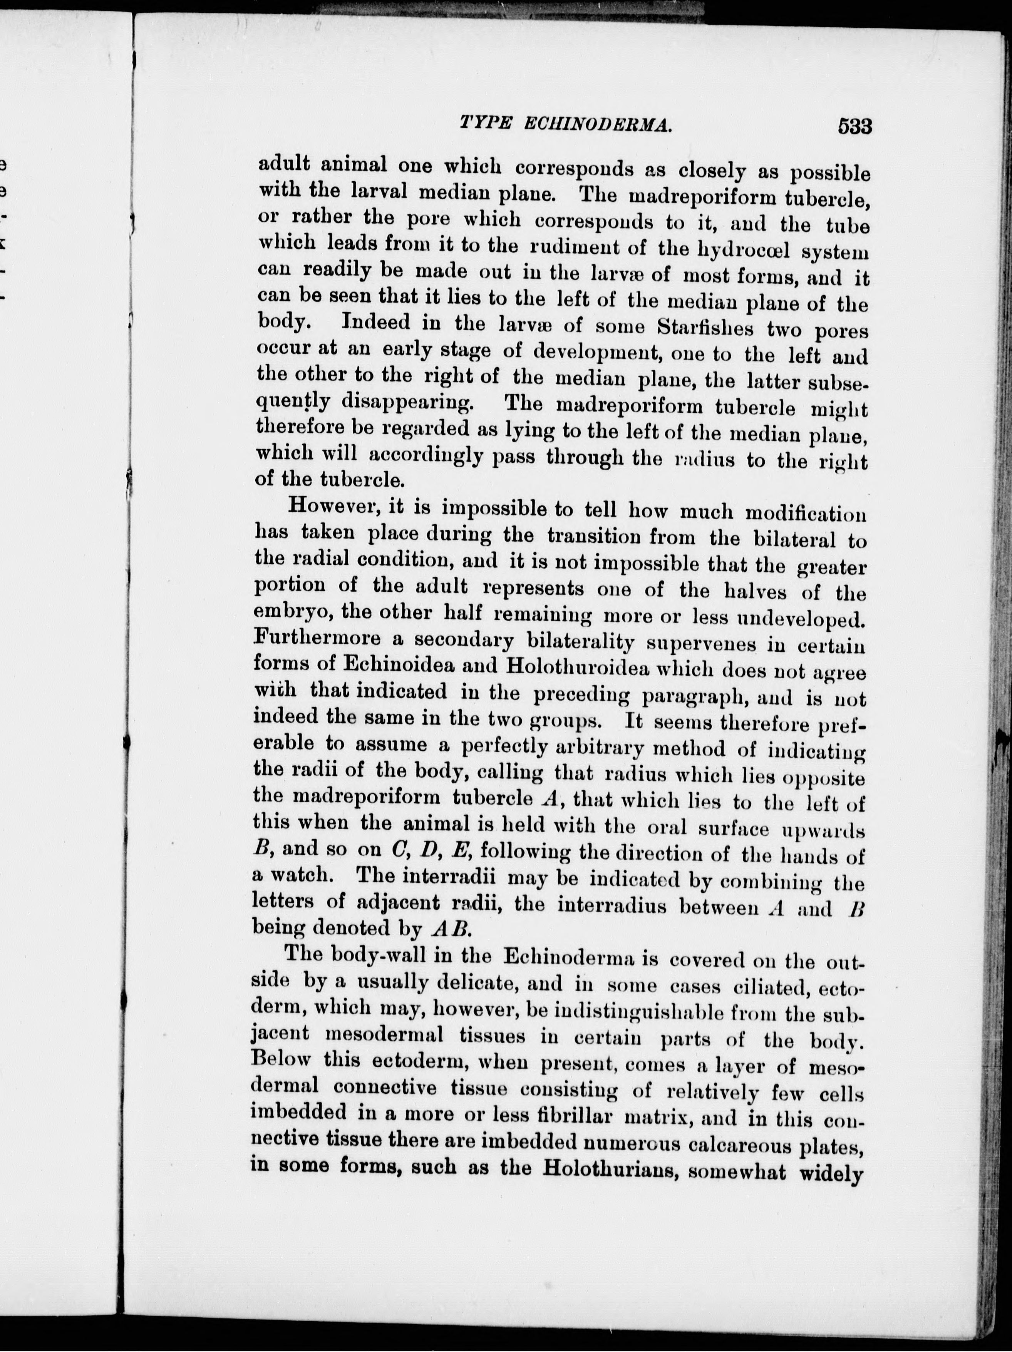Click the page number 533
click(x=854, y=127)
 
